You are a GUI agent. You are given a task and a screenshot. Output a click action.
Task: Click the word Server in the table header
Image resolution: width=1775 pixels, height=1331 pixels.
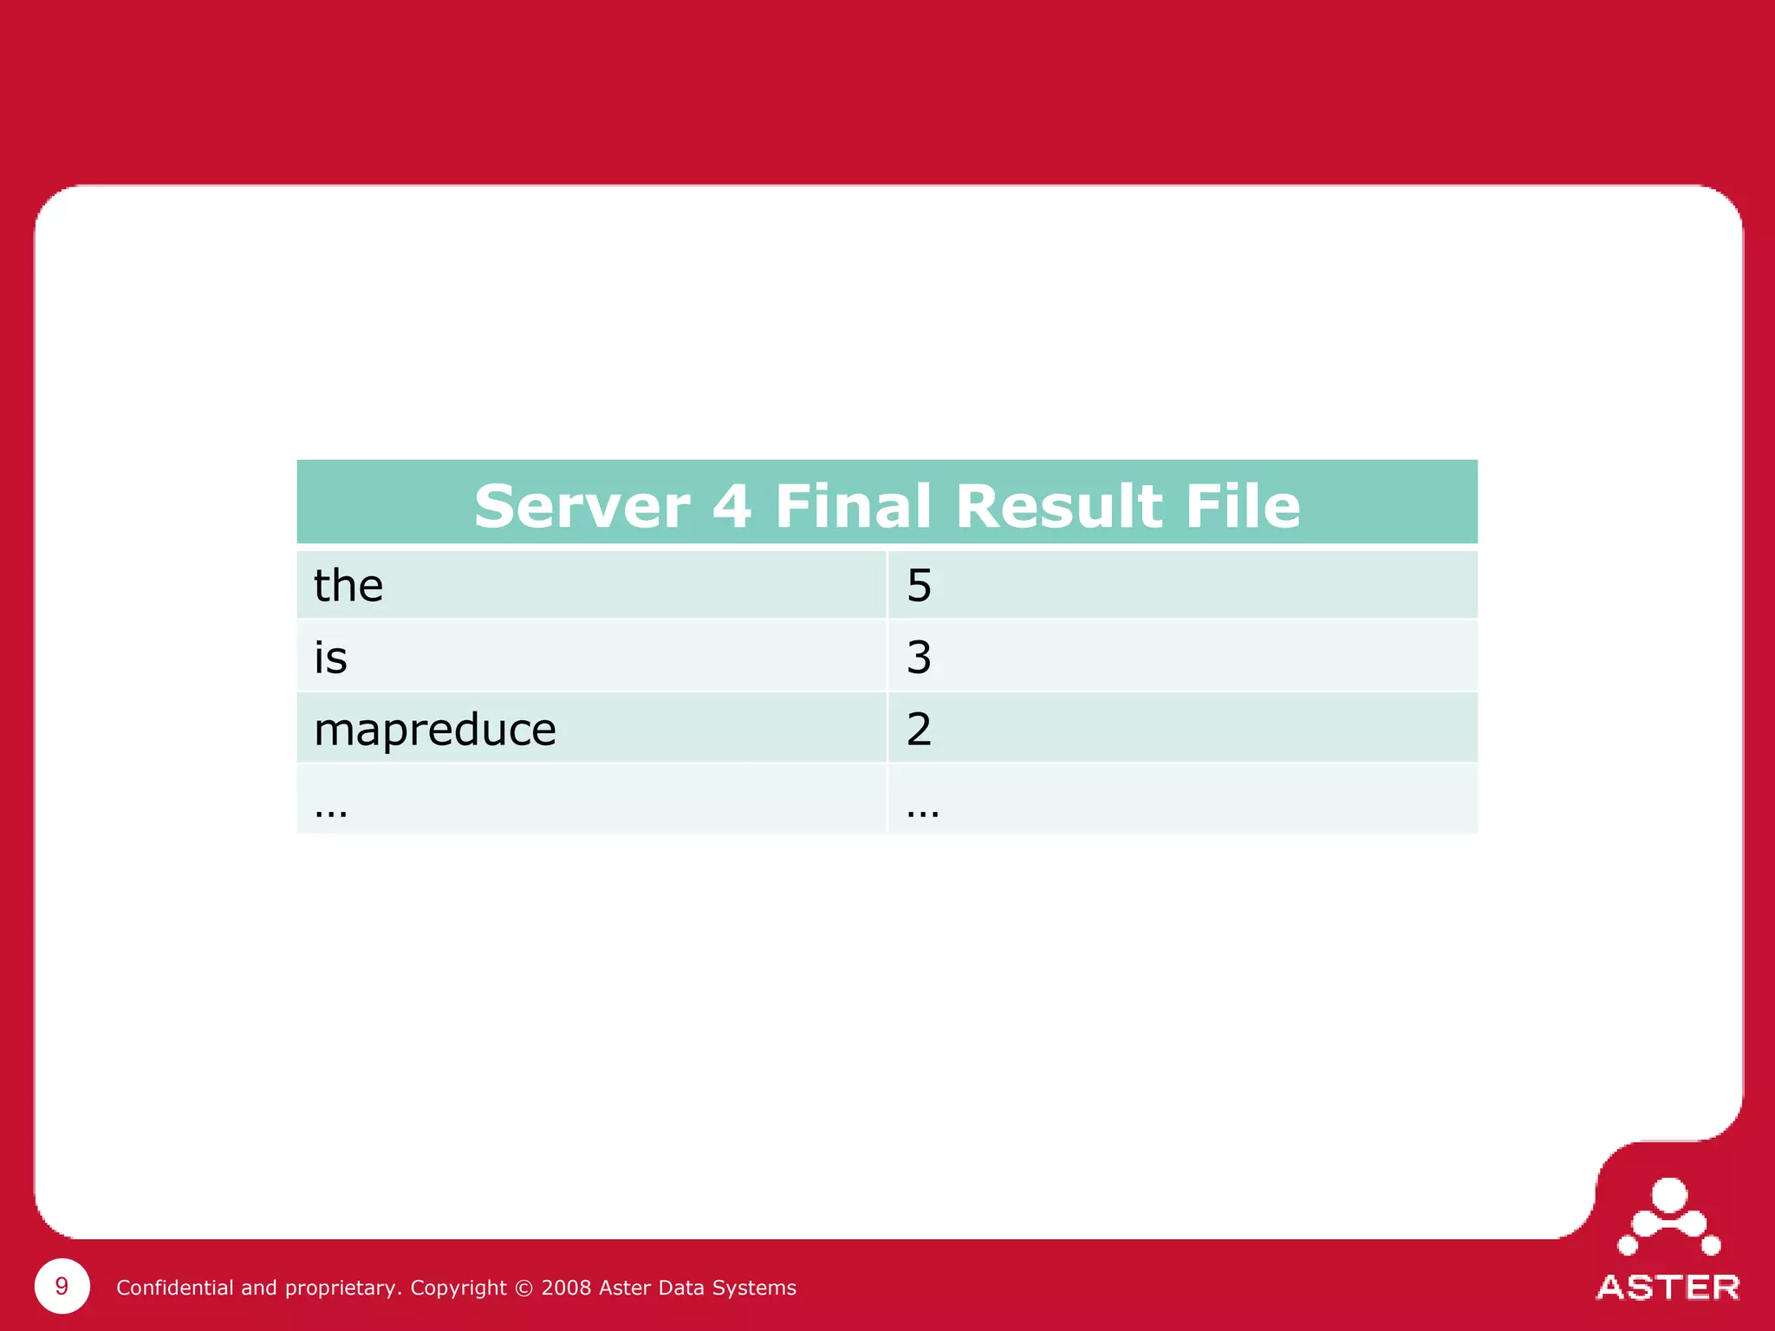point(582,506)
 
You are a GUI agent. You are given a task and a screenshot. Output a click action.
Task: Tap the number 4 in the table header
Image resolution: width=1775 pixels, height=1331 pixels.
point(731,506)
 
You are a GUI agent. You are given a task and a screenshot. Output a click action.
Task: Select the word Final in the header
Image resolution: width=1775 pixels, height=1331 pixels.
point(854,506)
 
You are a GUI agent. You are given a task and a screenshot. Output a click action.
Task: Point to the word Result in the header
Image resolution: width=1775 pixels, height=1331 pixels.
point(1059,506)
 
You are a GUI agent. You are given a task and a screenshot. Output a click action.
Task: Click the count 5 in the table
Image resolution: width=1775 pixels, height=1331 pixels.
point(919,586)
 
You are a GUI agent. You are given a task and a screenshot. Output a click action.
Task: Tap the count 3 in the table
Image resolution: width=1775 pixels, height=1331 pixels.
point(919,658)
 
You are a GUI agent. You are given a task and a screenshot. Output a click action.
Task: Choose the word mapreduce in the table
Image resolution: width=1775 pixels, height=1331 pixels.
point(435,730)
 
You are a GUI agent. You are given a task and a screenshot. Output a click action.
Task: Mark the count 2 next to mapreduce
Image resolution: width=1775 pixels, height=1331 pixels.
point(919,730)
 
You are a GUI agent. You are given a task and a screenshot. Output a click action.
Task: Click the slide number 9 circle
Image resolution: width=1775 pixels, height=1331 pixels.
point(62,1286)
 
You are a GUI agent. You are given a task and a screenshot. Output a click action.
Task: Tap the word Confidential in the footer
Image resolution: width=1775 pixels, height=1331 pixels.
point(175,1288)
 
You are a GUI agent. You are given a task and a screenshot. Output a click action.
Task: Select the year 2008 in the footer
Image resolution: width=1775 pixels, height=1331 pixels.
point(566,1288)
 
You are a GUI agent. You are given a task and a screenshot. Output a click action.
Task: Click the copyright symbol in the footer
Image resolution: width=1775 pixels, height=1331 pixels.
point(523,1288)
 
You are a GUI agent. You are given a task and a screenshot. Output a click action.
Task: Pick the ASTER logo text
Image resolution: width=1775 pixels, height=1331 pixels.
point(1668,1288)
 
